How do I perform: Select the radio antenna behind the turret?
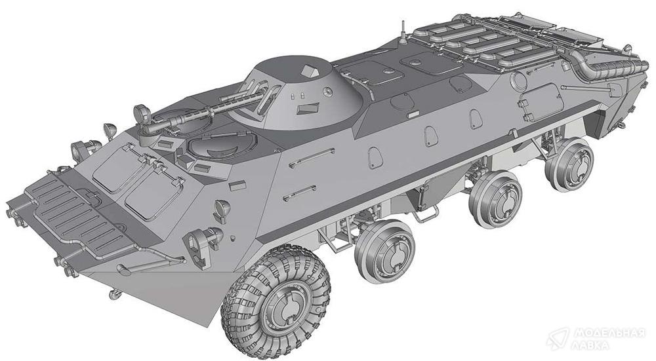coord(403,31)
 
